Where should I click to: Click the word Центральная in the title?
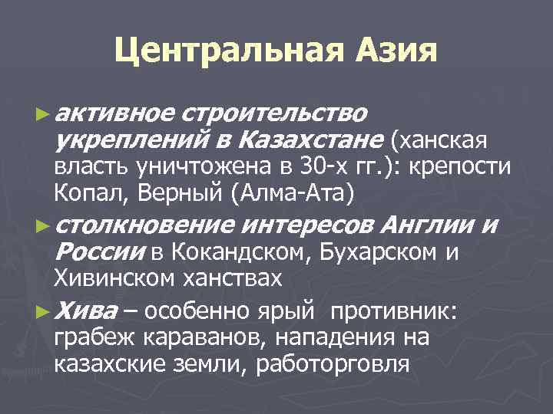pyautogui.click(x=219, y=52)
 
